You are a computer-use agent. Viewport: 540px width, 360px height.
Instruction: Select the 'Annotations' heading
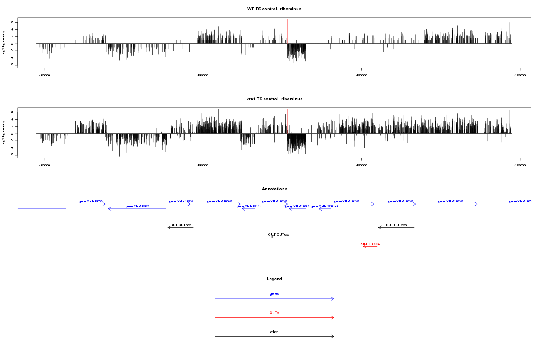click(274, 189)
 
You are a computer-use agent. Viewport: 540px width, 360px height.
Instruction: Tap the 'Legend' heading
click(274, 279)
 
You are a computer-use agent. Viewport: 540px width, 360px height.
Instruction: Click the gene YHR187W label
click(91, 201)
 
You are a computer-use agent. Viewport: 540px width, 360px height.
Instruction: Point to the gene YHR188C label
click(137, 206)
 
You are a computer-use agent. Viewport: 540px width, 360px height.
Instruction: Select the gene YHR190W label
click(220, 201)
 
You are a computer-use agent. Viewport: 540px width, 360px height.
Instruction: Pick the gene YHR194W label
click(346, 201)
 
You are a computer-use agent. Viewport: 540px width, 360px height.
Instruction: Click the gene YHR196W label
click(450, 201)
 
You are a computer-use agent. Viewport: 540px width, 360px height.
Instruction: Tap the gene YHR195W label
click(400, 201)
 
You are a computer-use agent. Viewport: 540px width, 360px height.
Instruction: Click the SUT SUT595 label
click(181, 225)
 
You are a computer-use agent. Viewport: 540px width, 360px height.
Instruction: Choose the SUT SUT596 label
click(396, 225)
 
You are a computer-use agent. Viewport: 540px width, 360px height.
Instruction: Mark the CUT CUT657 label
click(279, 234)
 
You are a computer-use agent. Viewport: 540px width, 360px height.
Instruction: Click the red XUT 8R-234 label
click(370, 244)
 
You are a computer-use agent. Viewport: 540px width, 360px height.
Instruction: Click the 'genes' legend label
click(274, 293)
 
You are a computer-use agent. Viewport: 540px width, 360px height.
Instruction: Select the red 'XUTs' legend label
click(274, 312)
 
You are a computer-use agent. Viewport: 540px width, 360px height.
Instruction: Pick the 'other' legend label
click(274, 332)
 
